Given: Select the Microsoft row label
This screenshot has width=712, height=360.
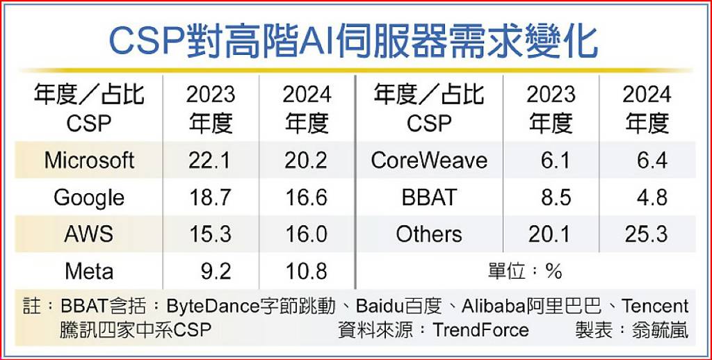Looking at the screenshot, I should (89, 161).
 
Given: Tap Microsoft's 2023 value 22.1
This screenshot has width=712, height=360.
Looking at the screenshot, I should (210, 161).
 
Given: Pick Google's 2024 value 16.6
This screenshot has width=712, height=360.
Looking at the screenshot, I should (306, 197).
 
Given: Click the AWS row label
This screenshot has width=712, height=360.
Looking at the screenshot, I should (89, 234).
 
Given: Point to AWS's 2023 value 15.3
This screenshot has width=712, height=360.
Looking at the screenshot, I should (210, 234).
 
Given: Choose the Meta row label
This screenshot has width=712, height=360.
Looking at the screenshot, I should (89, 270).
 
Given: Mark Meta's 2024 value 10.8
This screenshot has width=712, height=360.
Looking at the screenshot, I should (306, 270).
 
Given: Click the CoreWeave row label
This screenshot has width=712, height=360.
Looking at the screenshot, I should (429, 161).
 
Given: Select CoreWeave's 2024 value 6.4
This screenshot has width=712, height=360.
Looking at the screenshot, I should (652, 161).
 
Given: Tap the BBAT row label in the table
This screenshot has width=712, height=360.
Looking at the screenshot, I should (429, 197).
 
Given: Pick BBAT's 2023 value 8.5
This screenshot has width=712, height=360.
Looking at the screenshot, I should (556, 197).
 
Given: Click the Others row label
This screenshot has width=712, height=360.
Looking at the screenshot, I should (429, 234).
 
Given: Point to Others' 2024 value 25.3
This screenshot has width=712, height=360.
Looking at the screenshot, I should (647, 234).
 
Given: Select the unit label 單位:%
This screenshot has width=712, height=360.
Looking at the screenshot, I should (526, 271).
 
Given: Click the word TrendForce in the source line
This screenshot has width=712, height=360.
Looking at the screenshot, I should (480, 329).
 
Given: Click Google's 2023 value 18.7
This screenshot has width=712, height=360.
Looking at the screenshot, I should (210, 197).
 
